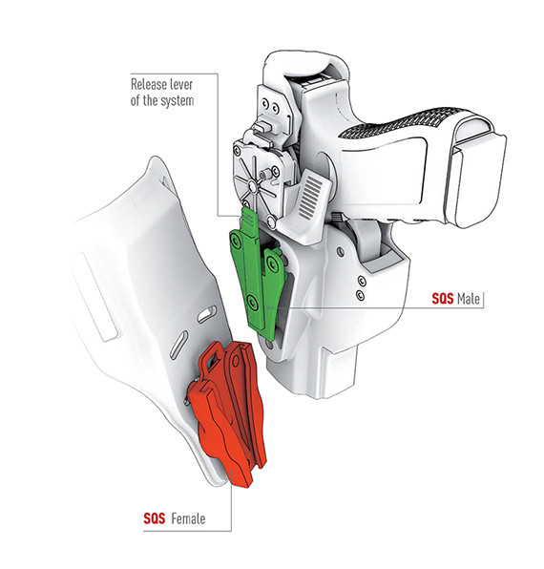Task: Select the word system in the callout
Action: [177, 100]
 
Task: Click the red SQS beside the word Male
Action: [443, 299]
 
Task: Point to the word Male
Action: [469, 299]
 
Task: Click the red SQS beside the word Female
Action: [155, 517]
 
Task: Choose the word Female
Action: [188, 517]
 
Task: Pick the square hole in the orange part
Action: [212, 360]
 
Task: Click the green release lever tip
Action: [250, 215]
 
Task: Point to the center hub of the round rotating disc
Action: [251, 184]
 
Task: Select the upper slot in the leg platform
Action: [207, 314]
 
